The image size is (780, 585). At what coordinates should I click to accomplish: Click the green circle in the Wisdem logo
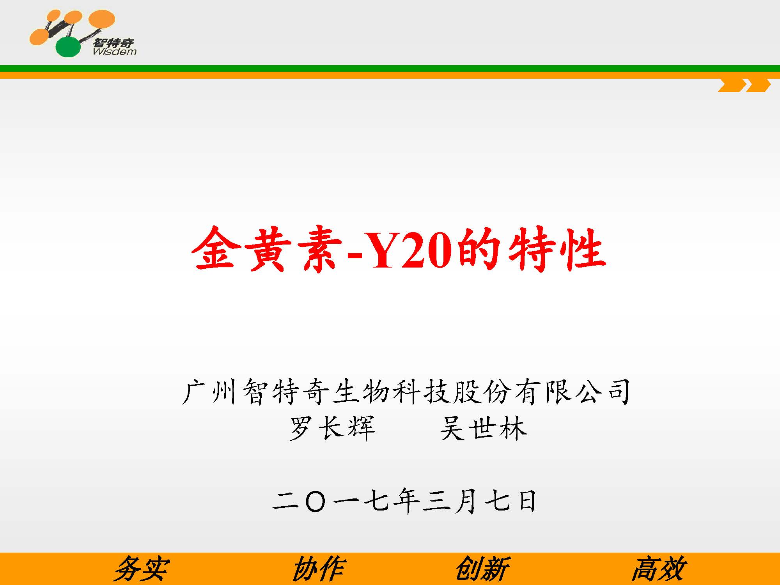[x=68, y=47]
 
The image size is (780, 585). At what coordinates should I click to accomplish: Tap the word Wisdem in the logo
[x=115, y=51]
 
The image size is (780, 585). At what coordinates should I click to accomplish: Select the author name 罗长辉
[x=332, y=428]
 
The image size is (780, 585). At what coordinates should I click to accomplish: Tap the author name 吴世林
[x=484, y=428]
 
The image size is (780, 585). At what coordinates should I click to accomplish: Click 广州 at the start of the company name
[x=209, y=392]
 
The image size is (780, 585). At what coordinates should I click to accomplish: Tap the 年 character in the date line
[x=406, y=501]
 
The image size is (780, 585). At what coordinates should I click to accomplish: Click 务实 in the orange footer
[x=142, y=569]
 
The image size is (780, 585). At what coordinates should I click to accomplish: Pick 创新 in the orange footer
[x=483, y=569]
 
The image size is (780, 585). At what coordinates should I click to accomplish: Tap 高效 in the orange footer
[x=659, y=569]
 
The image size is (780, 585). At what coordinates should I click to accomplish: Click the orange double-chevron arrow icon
[x=745, y=85]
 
